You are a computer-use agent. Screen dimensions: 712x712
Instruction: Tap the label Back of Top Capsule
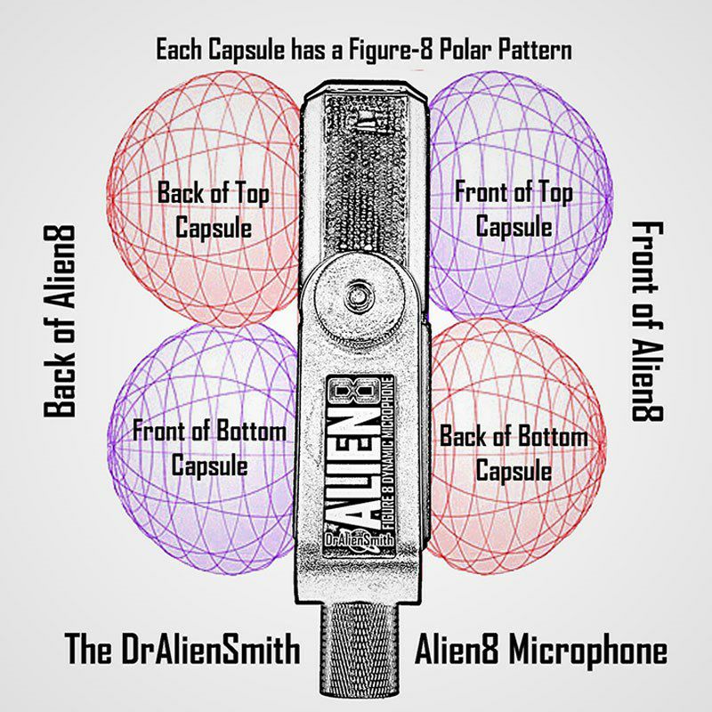pyautogui.click(x=214, y=209)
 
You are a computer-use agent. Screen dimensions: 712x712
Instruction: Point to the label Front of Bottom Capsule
pyautogui.click(x=209, y=449)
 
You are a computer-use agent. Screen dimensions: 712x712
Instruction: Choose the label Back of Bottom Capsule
pyautogui.click(x=514, y=453)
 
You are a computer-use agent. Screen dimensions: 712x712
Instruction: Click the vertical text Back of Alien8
pyautogui.click(x=60, y=321)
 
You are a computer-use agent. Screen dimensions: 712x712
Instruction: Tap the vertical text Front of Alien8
pyautogui.click(x=648, y=321)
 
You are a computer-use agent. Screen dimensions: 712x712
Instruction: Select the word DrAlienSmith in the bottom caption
pyautogui.click(x=211, y=649)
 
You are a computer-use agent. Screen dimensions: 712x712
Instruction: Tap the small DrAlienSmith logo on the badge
pyautogui.click(x=359, y=541)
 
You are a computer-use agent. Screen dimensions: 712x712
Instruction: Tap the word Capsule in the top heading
pyautogui.click(x=247, y=50)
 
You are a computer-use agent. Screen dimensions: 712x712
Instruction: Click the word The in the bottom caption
pyautogui.click(x=88, y=649)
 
